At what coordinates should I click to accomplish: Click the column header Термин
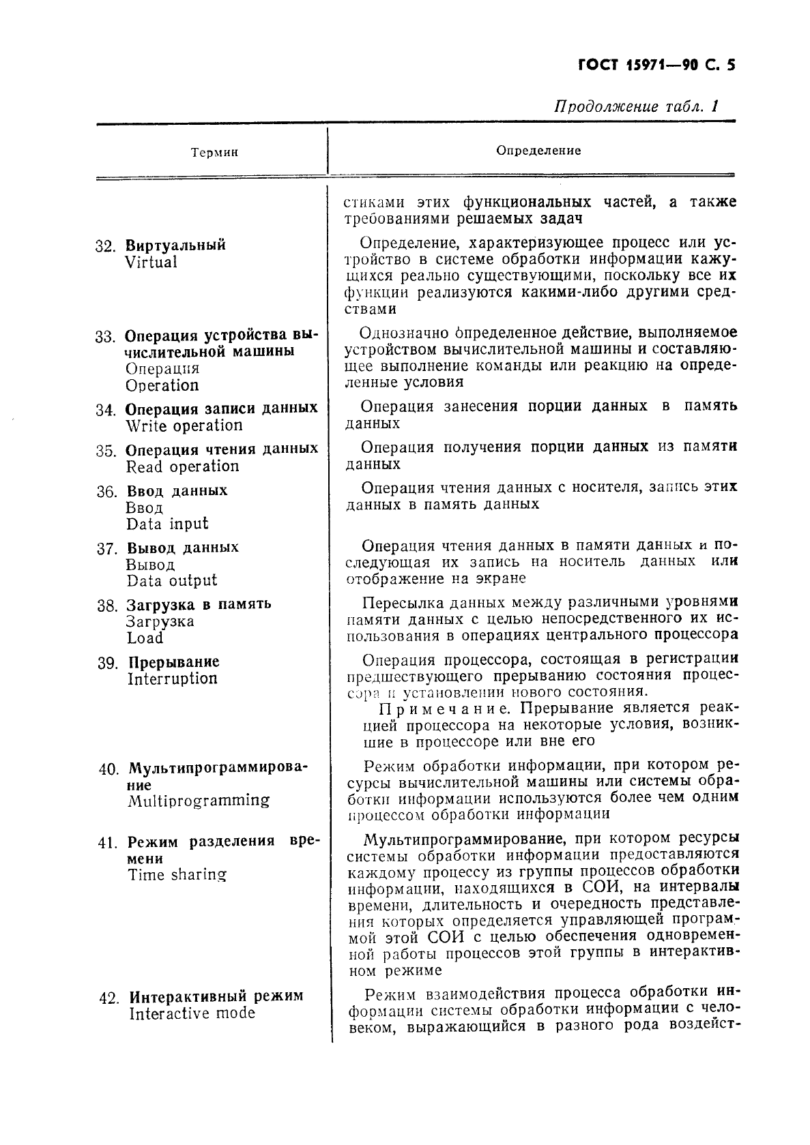(214, 153)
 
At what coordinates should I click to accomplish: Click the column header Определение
(538, 150)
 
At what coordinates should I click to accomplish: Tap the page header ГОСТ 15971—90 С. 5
(656, 65)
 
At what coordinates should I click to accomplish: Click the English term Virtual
(151, 262)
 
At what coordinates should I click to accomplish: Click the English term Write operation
(184, 426)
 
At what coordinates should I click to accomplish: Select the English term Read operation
(182, 466)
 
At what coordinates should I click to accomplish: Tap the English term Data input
(167, 524)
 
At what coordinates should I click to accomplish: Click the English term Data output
(171, 580)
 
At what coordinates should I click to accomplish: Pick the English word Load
(145, 638)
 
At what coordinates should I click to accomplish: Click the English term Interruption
(172, 679)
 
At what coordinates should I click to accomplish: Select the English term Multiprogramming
(199, 801)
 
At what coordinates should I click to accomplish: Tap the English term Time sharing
(177, 875)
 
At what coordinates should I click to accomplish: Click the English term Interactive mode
(192, 1013)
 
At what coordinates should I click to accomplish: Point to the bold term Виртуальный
(175, 245)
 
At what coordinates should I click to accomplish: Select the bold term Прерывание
(174, 662)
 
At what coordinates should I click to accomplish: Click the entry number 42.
(109, 998)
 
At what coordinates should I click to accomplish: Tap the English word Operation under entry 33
(162, 385)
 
